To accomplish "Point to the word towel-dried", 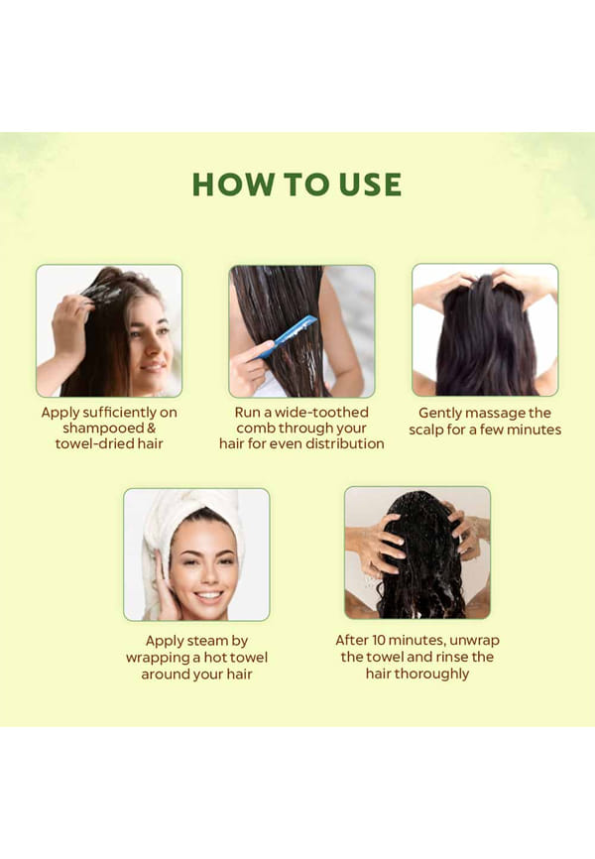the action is (93, 443).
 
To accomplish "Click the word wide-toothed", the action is (321, 413).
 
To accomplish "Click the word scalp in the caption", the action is (425, 430).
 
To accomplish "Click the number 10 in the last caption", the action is (379, 640).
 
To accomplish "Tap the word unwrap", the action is (474, 641).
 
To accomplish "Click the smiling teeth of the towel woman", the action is (208, 595).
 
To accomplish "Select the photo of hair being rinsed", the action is (417, 552).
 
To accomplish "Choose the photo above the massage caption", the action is (486, 329).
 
